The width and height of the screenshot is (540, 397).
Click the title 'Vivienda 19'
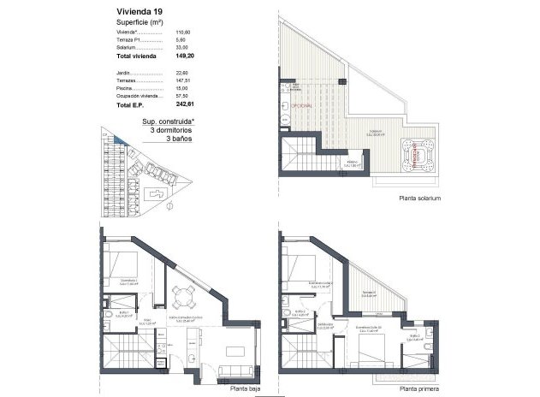[142, 11]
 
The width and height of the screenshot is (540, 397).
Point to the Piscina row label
[126, 88]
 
